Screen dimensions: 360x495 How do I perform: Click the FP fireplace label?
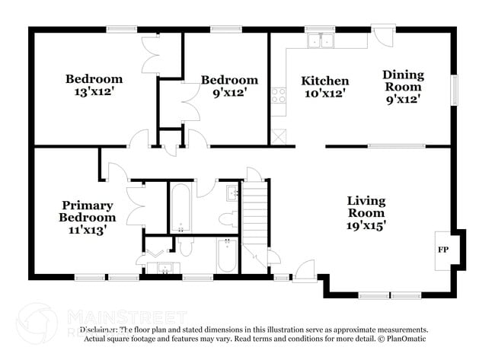pyautogui.click(x=442, y=250)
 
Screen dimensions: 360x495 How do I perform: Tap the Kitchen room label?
pyautogui.click(x=325, y=81)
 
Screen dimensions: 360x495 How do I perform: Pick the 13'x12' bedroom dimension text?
pyautogui.click(x=94, y=93)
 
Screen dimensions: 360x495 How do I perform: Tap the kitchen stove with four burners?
pyautogui.click(x=278, y=96)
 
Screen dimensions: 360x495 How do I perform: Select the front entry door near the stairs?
pyautogui.click(x=304, y=267)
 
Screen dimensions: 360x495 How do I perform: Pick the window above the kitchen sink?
pyautogui.click(x=321, y=29)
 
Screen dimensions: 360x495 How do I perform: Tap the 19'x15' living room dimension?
pyautogui.click(x=366, y=225)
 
